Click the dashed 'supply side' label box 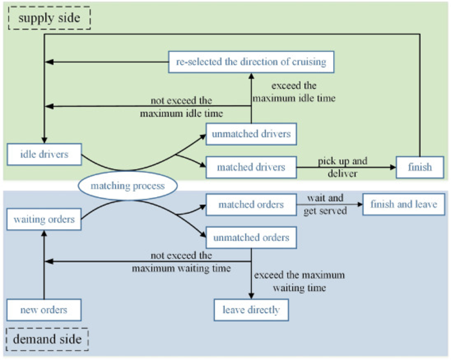[x=50, y=18]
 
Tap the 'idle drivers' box [x=44, y=154]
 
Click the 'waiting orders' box [x=44, y=220]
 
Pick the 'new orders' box [x=44, y=310]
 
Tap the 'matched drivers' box [x=251, y=167]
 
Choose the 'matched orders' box [x=251, y=205]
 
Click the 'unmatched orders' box [x=251, y=238]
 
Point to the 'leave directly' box [x=251, y=310]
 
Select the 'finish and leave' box [x=403, y=205]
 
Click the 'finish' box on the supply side [x=420, y=167]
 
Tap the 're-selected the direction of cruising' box [x=251, y=62]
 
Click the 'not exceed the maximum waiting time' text [x=181, y=261]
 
